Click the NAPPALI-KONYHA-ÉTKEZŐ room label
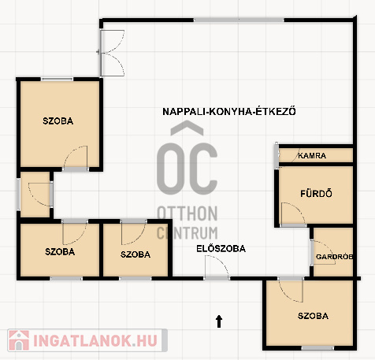(x=229, y=111)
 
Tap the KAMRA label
(x=312, y=155)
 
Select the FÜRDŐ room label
(x=316, y=194)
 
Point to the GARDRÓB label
(x=334, y=257)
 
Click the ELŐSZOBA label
(x=221, y=248)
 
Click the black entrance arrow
(x=219, y=321)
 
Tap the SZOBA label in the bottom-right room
(x=313, y=316)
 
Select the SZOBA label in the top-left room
(x=58, y=121)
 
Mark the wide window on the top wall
(x=239, y=20)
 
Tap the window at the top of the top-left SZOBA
(x=57, y=79)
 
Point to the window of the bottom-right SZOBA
(x=317, y=348)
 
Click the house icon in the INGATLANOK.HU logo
(x=18, y=340)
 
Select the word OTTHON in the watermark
(x=187, y=213)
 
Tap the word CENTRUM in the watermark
(x=187, y=233)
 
